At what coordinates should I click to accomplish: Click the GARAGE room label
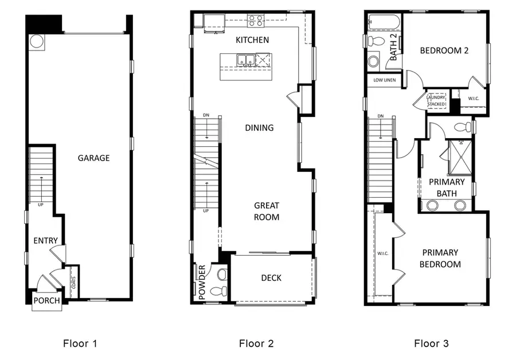(x=93, y=158)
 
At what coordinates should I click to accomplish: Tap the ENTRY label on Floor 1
(x=45, y=240)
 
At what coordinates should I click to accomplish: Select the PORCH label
(x=46, y=301)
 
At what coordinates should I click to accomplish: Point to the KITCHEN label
(x=252, y=40)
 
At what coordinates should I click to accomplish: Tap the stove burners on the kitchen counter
(x=255, y=21)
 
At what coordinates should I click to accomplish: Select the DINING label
(x=259, y=128)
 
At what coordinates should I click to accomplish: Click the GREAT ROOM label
(x=267, y=211)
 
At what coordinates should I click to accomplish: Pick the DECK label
(x=271, y=278)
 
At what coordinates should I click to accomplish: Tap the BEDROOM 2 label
(x=444, y=50)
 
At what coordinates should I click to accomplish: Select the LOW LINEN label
(x=384, y=80)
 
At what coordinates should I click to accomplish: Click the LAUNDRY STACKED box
(x=436, y=100)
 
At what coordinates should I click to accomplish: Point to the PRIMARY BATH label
(x=447, y=187)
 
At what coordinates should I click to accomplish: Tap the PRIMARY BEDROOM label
(x=441, y=258)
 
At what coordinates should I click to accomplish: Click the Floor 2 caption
(x=256, y=343)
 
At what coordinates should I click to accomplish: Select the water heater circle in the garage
(x=37, y=41)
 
